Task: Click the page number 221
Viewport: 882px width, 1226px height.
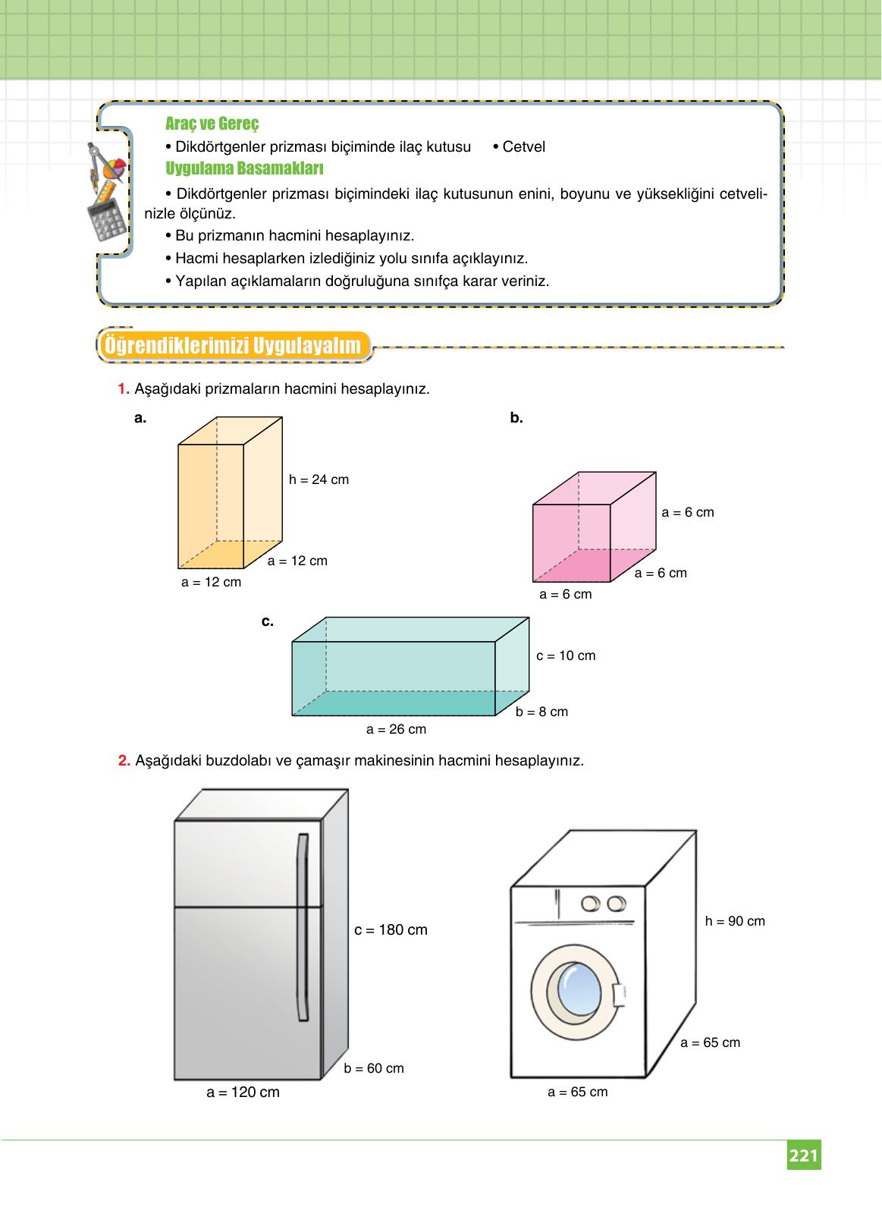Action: [x=803, y=1155]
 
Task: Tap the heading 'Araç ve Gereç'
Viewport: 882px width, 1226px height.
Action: [x=212, y=124]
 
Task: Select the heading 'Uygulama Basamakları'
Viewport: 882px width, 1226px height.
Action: [x=244, y=168]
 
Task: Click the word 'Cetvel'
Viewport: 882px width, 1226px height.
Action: [x=523, y=147]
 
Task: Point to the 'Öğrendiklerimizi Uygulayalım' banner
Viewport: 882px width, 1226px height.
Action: [x=233, y=346]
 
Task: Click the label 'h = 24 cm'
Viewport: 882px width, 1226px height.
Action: [x=319, y=479]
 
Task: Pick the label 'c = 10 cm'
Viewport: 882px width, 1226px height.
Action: [x=566, y=655]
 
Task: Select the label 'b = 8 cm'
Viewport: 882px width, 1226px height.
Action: [x=541, y=712]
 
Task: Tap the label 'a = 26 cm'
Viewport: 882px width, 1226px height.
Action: [x=396, y=729]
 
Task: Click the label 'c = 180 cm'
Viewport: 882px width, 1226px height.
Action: [x=391, y=930]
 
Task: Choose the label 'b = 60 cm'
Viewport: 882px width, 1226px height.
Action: [x=374, y=1068]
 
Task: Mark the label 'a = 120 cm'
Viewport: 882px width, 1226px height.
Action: [x=243, y=1092]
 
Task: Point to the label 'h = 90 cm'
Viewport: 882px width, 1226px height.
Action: [x=735, y=921]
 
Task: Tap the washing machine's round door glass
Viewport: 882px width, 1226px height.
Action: [x=579, y=989]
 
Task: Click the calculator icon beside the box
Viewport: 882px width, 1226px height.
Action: [x=106, y=218]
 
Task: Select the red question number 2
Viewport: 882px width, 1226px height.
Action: [x=124, y=760]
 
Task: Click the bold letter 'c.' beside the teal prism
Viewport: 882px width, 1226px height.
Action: [x=268, y=621]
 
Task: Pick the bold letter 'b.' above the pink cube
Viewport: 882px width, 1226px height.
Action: [x=516, y=418]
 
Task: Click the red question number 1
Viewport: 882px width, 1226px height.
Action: [x=124, y=389]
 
